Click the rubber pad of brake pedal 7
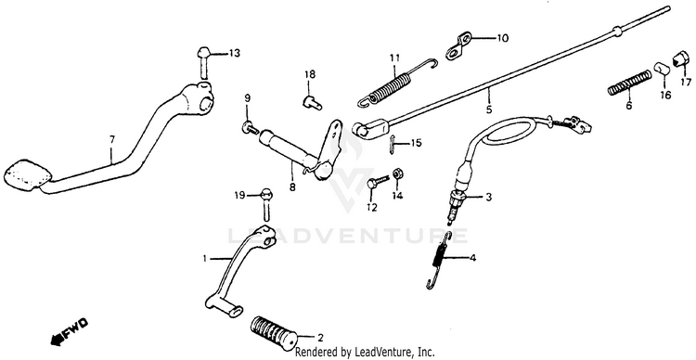click(x=27, y=174)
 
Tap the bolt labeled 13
click(x=203, y=62)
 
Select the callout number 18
click(x=310, y=74)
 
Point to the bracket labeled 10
click(x=458, y=45)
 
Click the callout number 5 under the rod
click(x=489, y=109)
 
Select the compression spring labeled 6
click(x=629, y=83)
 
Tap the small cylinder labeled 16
click(x=662, y=70)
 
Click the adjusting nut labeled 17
click(x=681, y=58)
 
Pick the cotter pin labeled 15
click(x=392, y=145)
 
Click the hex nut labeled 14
click(x=398, y=174)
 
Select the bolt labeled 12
click(x=377, y=182)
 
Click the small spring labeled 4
click(x=439, y=262)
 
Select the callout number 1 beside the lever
click(x=205, y=258)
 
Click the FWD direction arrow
click(x=70, y=331)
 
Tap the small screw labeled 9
click(x=251, y=128)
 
